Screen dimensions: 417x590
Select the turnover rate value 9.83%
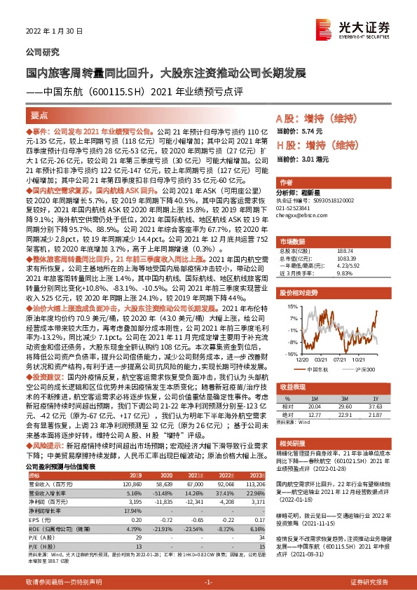click(344, 274)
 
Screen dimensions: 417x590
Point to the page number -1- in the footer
click(208, 582)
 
